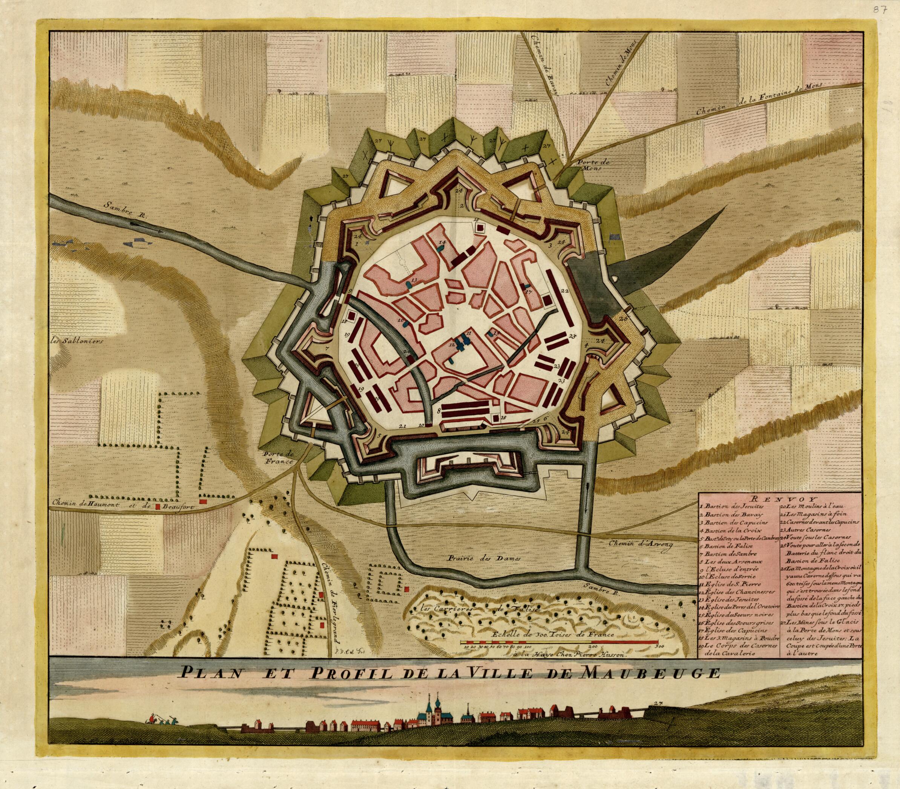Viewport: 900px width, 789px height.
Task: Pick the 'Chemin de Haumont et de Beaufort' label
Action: [x=128, y=506]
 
